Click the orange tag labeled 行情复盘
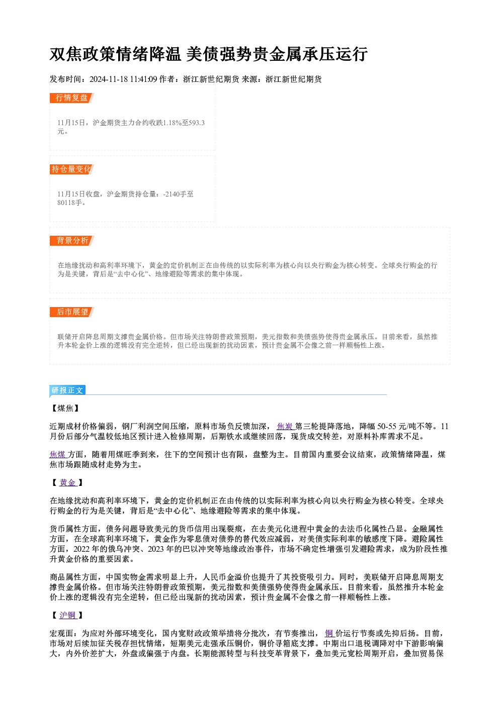click(72, 98)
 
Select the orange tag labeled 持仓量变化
click(72, 169)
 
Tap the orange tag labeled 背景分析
click(72, 241)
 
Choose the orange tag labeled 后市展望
click(72, 312)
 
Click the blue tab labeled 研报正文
click(67, 390)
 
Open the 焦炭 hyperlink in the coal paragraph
click(285, 427)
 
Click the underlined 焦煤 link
click(58, 454)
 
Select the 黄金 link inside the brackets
click(68, 482)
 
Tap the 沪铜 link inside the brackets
click(68, 615)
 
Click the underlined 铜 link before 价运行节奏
click(329, 633)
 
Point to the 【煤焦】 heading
click(65, 408)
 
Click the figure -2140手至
click(178, 194)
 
